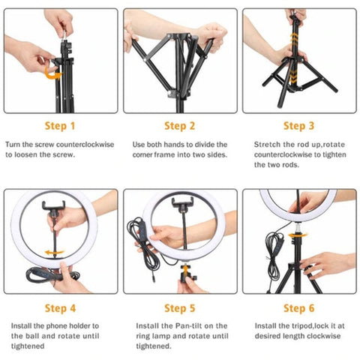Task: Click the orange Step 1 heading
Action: [60, 126]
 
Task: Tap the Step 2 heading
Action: [179, 126]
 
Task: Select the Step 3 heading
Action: [298, 126]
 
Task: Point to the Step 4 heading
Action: [60, 308]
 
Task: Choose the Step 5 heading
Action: [179, 308]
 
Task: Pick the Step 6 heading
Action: [298, 308]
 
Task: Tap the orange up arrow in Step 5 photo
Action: [185, 270]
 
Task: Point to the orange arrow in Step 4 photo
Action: [54, 253]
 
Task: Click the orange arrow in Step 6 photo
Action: [298, 235]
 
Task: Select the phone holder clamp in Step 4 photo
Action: [53, 205]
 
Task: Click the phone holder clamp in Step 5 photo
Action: [182, 202]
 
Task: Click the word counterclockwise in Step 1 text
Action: [85, 145]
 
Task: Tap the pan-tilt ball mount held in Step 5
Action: [186, 276]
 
